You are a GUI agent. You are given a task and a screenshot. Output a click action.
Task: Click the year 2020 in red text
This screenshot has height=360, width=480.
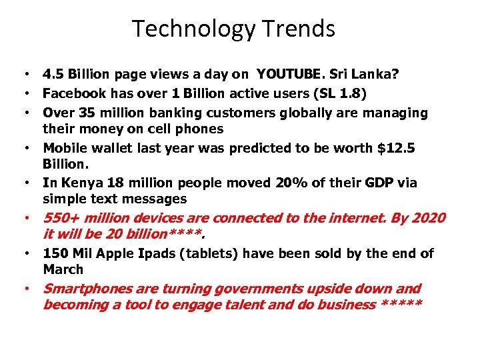427,218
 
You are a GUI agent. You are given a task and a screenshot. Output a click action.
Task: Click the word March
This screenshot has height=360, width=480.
63,269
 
